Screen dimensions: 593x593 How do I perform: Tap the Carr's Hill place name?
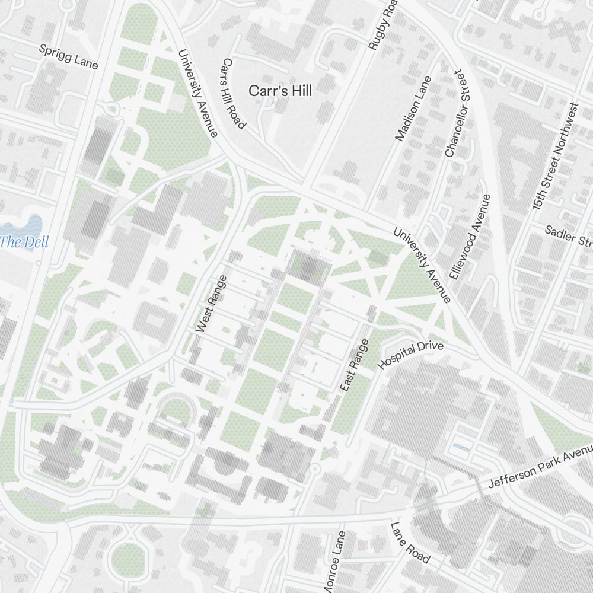tap(280, 91)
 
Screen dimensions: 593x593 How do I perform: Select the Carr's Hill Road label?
tap(234, 93)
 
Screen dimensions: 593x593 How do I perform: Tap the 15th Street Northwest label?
tap(555, 157)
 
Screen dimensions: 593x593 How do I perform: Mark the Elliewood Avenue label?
tap(471, 237)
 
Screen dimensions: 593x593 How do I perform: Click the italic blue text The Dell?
tap(24, 242)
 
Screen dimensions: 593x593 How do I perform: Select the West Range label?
tap(211, 304)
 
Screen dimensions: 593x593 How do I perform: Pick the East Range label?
tap(355, 365)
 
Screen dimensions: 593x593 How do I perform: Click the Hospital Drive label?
tap(410, 355)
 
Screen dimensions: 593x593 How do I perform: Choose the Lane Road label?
tap(410, 543)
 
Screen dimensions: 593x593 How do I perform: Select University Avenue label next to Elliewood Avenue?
tap(422, 264)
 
